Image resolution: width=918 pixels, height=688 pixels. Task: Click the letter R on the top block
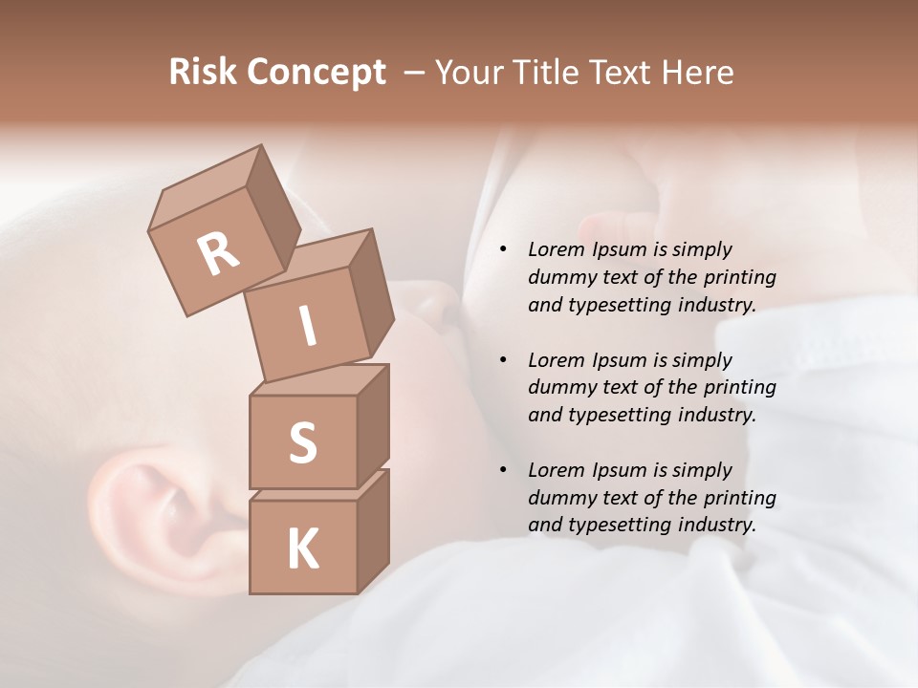click(x=219, y=254)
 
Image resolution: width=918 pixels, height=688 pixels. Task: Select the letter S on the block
click(x=302, y=442)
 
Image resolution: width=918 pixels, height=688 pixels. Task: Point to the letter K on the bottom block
click(x=302, y=549)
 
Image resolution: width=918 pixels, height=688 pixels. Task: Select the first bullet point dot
click(x=503, y=249)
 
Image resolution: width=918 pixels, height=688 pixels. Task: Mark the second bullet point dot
click(x=503, y=360)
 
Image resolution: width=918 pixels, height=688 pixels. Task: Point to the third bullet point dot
click(x=503, y=470)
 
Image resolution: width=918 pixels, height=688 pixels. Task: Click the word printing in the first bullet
click(x=739, y=277)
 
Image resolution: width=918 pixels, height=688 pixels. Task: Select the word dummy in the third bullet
click(x=559, y=498)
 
